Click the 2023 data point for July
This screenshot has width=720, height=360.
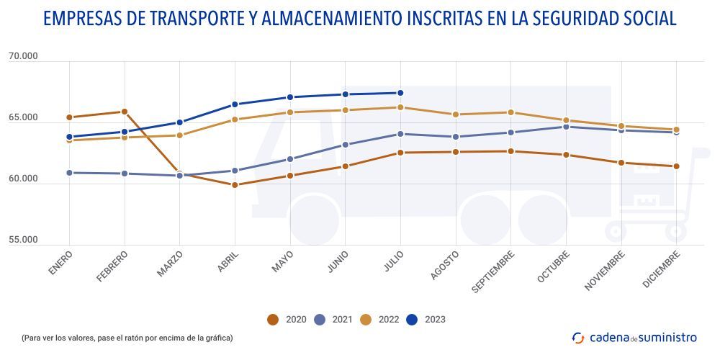coord(400,93)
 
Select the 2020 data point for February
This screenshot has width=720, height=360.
coord(125,112)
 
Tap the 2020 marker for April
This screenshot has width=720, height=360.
coord(235,185)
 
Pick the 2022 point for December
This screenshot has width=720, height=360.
coord(676,130)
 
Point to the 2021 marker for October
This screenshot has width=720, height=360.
coord(566,127)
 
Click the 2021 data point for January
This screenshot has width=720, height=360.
coord(69,173)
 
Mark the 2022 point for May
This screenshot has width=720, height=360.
coord(290,112)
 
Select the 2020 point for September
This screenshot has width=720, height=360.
coord(510,151)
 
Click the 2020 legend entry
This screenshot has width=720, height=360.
coord(287,320)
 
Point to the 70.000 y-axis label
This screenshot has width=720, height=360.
coord(23,57)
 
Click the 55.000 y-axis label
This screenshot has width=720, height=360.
coord(23,240)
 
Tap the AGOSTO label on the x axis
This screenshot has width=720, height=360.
coord(444,266)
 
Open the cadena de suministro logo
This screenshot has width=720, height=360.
coord(634,337)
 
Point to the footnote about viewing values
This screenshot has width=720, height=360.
coord(127,338)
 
